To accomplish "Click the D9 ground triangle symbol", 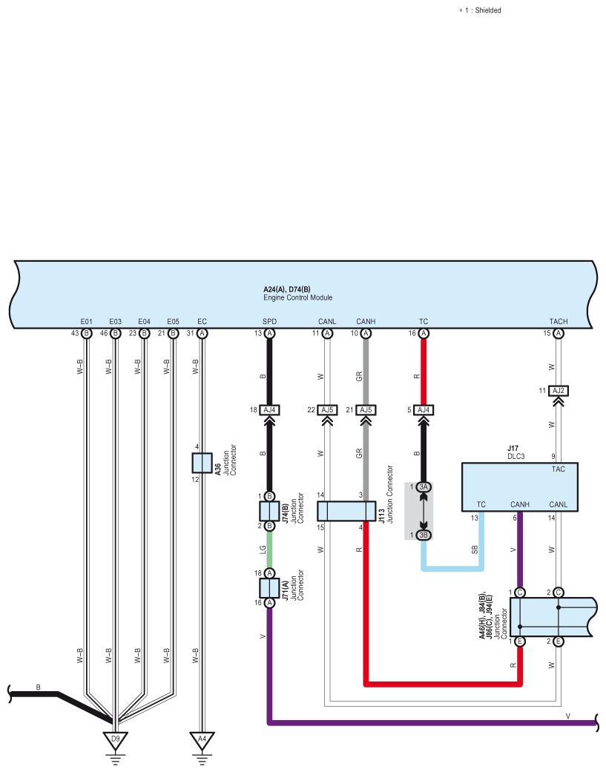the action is pyautogui.click(x=115, y=739).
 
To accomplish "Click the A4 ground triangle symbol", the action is pyautogui.click(x=202, y=739).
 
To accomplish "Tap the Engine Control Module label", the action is pyautogui.click(x=298, y=297).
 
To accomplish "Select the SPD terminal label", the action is pyautogui.click(x=269, y=322).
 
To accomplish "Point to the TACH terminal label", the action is pyautogui.click(x=559, y=322).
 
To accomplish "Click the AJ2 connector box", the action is pyautogui.click(x=559, y=390).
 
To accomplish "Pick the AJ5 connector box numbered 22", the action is pyautogui.click(x=327, y=409).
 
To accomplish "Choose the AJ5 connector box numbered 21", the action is pyautogui.click(x=366, y=409).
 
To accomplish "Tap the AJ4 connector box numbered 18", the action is pyautogui.click(x=269, y=409).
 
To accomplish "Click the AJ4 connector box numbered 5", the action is pyautogui.click(x=424, y=409).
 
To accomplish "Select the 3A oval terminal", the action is pyautogui.click(x=424, y=487).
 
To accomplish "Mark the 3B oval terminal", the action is pyautogui.click(x=424, y=535).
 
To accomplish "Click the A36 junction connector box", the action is pyautogui.click(x=202, y=463).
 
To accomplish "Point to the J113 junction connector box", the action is pyautogui.click(x=346, y=511).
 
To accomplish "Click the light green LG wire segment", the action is pyautogui.click(x=269, y=549).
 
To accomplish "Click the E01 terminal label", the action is pyautogui.click(x=86, y=322).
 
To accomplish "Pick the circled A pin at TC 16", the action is pyautogui.click(x=424, y=333).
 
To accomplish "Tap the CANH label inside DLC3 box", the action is pyautogui.click(x=520, y=504).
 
